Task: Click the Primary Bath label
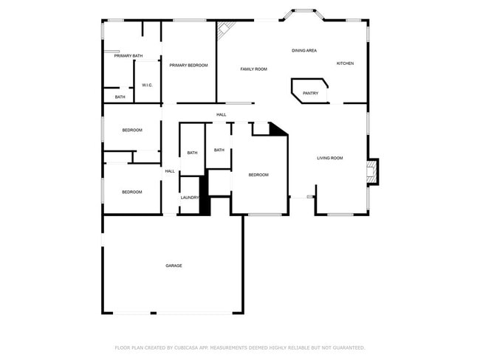point(128,55)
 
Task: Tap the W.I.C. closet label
point(147,85)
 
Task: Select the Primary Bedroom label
point(188,65)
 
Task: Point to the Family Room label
point(253,69)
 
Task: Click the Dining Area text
point(304,50)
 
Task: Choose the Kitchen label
point(345,63)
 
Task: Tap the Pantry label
point(310,93)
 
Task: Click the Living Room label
point(330,158)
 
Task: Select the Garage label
point(174,266)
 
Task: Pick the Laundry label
point(190,198)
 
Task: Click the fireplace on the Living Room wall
point(373,172)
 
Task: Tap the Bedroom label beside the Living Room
point(258,175)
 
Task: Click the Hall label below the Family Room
point(221,114)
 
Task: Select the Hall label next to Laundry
point(170,171)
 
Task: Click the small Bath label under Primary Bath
point(120,97)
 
